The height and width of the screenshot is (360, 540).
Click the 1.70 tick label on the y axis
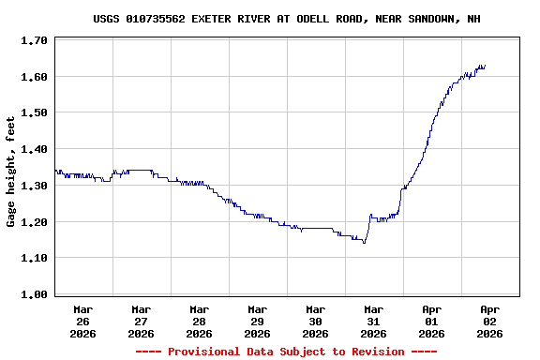tap(34, 41)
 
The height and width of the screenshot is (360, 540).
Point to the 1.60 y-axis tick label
tap(34, 77)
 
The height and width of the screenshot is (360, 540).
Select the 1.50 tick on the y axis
tap(34, 113)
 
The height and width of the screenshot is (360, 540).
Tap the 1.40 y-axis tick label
tap(34, 149)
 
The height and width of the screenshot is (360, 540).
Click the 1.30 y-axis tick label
tap(34, 186)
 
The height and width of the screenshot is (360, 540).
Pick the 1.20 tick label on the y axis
tap(34, 222)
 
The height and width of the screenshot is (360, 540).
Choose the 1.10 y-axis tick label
tap(34, 258)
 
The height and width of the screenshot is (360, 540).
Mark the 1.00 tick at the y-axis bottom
tap(34, 294)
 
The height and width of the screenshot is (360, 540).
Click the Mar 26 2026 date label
tap(82, 321)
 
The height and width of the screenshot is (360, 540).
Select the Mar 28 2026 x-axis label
tap(199, 321)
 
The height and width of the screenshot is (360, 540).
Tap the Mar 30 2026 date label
tap(315, 321)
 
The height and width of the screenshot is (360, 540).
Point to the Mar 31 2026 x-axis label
tap(373, 321)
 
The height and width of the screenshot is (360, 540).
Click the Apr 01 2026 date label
tap(431, 321)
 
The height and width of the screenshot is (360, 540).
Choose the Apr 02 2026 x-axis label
tap(489, 321)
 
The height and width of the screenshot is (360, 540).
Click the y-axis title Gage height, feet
tap(11, 172)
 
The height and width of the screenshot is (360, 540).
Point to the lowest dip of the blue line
tap(364, 243)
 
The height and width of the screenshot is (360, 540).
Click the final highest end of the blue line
tap(484, 66)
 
